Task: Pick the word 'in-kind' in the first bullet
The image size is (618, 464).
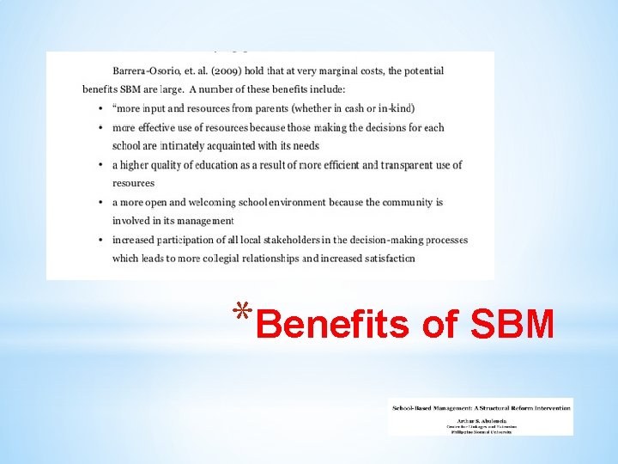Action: (x=397, y=107)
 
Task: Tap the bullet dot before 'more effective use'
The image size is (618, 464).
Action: (x=100, y=127)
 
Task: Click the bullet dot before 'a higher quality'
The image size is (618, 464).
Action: (x=100, y=164)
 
